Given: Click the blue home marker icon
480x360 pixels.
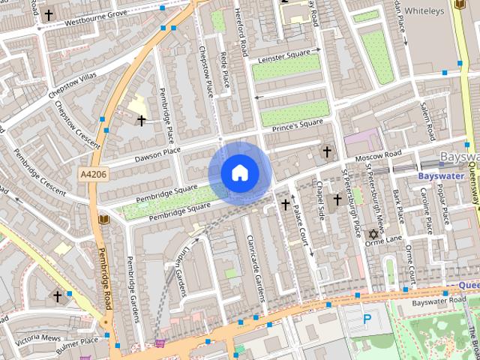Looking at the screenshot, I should point(239,173).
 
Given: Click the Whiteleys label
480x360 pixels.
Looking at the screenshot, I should point(424,10).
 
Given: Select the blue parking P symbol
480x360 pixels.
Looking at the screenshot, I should point(367,319).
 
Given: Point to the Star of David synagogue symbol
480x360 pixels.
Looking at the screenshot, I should point(370,235).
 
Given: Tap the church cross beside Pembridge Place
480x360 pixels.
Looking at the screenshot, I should point(141,120).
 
